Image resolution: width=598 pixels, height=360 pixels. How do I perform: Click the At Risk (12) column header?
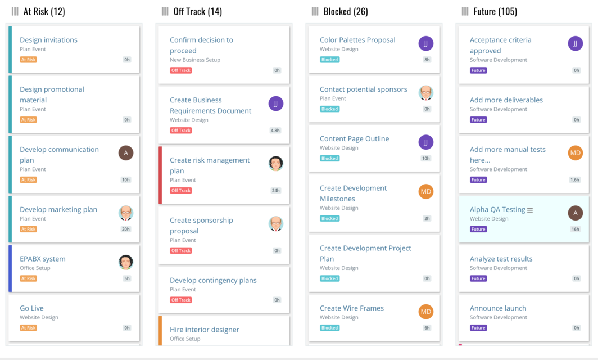tap(44, 11)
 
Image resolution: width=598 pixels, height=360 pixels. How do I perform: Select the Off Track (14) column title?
tap(197, 11)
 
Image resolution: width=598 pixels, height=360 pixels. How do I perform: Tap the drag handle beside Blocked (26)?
tap(315, 11)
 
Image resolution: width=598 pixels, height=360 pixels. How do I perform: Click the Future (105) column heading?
tap(495, 11)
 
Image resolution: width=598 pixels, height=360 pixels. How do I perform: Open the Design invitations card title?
tap(48, 40)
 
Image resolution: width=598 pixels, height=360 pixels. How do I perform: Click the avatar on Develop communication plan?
tap(126, 152)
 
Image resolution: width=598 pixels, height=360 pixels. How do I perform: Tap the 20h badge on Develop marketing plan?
tap(125, 229)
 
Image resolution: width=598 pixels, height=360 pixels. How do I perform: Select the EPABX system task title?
tap(43, 259)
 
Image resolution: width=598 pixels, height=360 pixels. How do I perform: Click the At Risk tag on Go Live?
tap(28, 328)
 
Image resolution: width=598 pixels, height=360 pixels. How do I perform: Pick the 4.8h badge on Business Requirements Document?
tap(275, 130)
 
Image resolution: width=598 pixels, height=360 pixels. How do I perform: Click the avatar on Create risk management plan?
tap(276, 164)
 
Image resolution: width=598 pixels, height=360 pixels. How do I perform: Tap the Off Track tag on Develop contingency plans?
tap(181, 300)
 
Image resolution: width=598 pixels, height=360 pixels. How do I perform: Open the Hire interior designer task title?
tap(205, 330)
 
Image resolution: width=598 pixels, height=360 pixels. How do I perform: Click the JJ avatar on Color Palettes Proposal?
tap(426, 43)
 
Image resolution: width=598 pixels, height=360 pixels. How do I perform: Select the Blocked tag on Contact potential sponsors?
tap(329, 109)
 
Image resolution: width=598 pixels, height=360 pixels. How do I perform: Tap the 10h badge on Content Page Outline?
tap(425, 159)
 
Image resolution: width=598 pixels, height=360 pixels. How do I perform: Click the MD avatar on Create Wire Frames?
tap(426, 312)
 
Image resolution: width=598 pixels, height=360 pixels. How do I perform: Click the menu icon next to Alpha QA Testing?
tap(530, 210)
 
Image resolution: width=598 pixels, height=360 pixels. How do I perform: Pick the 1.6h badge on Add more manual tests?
tap(574, 180)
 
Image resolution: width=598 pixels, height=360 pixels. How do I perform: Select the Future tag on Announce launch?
tap(478, 328)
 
